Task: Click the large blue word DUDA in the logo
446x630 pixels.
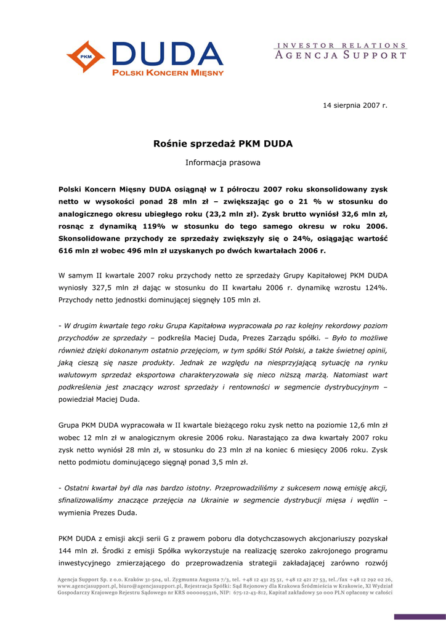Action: pyautogui.click(x=166, y=54)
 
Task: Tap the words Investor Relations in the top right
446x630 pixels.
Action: pyautogui.click(x=340, y=45)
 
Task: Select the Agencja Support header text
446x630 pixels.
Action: pyautogui.click(x=340, y=55)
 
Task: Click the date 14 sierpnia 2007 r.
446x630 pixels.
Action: pyautogui.click(x=355, y=106)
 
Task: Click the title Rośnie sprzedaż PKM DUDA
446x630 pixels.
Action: pyautogui.click(x=222, y=144)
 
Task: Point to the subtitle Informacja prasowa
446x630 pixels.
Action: pyautogui.click(x=222, y=163)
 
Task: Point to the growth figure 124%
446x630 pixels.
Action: pyautogui.click(x=375, y=287)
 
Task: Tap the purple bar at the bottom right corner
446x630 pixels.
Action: pyautogui.click(x=419, y=616)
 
